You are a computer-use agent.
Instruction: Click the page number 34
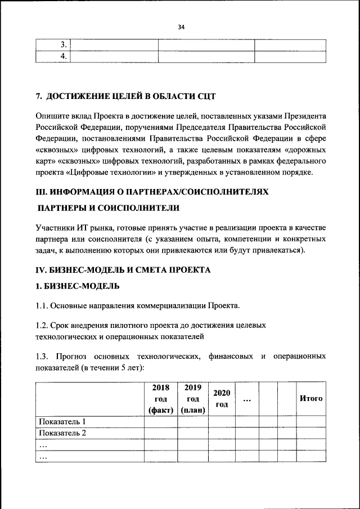(x=181, y=26)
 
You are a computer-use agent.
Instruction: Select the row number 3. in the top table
(x=64, y=44)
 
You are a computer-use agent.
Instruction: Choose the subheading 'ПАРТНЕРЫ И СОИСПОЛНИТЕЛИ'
(x=109, y=208)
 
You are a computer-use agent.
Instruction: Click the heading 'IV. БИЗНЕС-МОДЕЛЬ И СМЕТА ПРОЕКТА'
(x=123, y=270)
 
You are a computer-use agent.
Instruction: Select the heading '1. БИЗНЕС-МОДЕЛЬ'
(x=77, y=286)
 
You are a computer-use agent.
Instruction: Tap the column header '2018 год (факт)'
(x=161, y=398)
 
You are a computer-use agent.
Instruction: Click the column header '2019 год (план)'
(x=193, y=398)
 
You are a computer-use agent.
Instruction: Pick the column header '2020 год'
(x=222, y=398)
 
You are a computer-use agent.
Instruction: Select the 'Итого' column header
(x=311, y=398)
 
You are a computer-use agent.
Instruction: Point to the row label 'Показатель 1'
(x=62, y=421)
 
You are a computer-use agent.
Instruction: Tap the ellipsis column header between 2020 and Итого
(x=247, y=398)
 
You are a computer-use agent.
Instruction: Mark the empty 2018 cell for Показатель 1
(x=161, y=421)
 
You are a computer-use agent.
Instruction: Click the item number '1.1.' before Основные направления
(x=42, y=306)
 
